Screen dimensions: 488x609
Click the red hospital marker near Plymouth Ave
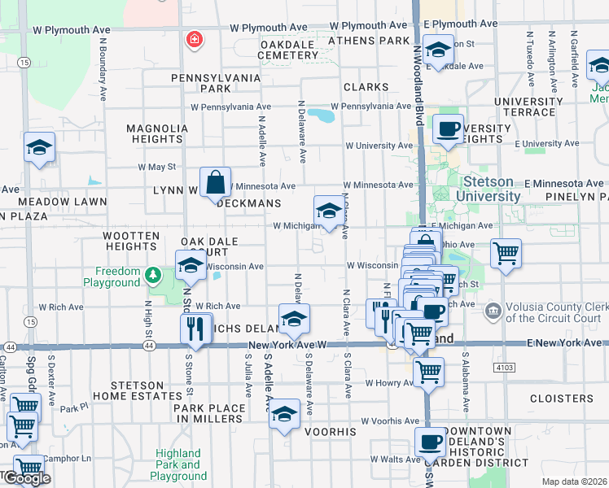[194, 38]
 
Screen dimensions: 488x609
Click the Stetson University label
[493, 190]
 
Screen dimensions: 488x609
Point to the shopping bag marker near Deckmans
[216, 185]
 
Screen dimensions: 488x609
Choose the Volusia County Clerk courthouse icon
[492, 311]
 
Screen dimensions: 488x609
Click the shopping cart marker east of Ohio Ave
[506, 254]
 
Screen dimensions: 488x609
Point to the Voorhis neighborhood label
[331, 432]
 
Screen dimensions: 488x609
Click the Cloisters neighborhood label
[561, 399]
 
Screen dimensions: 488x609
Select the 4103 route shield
[505, 368]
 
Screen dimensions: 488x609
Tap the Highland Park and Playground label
[178, 464]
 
